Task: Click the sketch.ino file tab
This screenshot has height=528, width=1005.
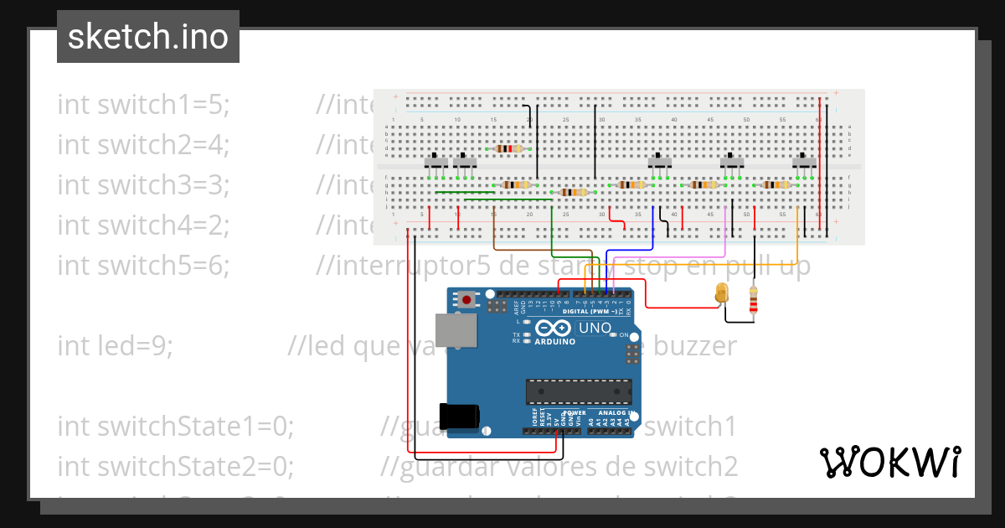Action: tap(148, 37)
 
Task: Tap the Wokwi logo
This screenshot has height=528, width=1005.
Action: tap(889, 462)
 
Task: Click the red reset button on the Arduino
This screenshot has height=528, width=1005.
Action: tap(465, 298)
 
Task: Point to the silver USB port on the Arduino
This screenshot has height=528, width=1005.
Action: tap(456, 330)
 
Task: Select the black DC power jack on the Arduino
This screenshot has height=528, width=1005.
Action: tap(462, 415)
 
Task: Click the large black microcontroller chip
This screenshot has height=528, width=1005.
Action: tap(578, 391)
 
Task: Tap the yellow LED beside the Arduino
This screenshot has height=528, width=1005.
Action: tap(722, 293)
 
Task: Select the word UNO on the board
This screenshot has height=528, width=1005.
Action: tap(595, 328)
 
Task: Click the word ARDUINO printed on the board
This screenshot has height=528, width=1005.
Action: tap(554, 341)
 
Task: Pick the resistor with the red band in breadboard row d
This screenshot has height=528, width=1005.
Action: tap(509, 148)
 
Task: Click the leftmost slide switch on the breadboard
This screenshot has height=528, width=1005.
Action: tap(435, 162)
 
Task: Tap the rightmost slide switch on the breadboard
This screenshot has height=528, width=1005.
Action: tap(805, 161)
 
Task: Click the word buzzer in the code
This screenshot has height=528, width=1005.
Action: tap(695, 346)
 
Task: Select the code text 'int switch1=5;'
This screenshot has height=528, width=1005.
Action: tap(143, 105)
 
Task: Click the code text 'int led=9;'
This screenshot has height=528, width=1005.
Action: tap(115, 346)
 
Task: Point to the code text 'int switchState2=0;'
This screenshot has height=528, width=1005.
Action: tap(175, 466)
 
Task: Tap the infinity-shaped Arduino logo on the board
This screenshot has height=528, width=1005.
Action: tap(554, 328)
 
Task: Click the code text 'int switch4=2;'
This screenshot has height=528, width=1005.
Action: tap(143, 225)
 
